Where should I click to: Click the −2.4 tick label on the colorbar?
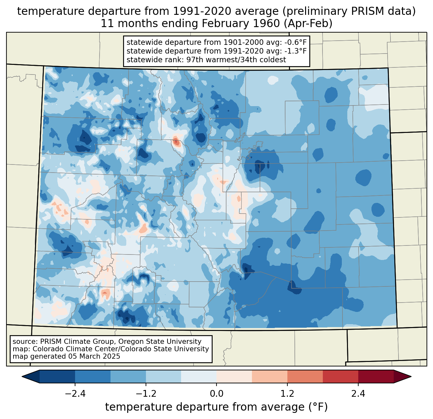point(75,394)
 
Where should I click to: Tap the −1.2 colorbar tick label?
point(146,394)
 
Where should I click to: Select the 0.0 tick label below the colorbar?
point(216,394)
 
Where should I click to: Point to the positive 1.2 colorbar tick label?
point(287,394)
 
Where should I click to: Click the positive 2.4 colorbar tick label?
point(358,394)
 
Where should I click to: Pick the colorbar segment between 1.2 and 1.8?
point(305,376)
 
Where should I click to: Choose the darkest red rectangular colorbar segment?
point(376,376)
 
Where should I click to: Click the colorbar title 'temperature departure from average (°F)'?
point(216,407)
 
